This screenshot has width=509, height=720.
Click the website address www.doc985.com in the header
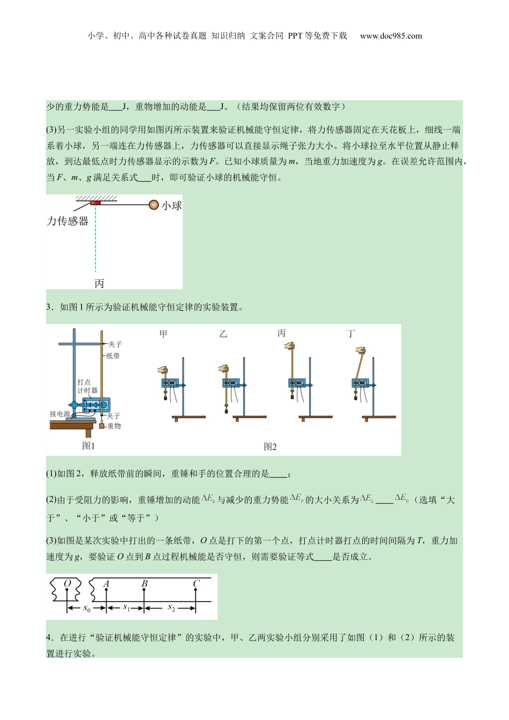391,36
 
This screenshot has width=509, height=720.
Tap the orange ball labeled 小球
154,204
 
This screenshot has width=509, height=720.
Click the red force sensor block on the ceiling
95,202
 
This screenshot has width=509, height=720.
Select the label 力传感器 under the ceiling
68,221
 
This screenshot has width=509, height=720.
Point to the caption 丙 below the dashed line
99,283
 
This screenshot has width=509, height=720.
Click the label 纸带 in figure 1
113,356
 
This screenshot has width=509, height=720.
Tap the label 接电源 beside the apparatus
60,414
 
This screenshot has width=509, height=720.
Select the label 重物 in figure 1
114,426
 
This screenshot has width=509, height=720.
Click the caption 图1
88,446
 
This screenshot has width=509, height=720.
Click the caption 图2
271,447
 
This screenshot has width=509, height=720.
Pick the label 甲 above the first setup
163,334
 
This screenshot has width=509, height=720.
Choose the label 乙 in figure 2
223,334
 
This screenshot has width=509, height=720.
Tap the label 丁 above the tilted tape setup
351,334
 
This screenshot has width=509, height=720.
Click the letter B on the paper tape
145,584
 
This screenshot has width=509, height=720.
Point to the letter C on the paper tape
196,584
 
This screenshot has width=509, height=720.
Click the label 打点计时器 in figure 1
87,386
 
